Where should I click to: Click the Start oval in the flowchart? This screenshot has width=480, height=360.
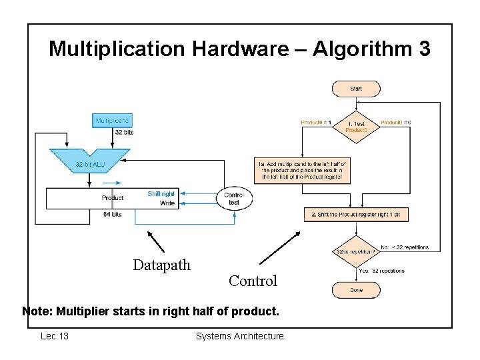(356, 89)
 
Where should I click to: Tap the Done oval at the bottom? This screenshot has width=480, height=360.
(356, 290)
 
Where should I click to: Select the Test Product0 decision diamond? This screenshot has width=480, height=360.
(356, 127)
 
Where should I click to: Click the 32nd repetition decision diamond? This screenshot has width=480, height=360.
(356, 252)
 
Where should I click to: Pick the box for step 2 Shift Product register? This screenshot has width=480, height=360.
(356, 214)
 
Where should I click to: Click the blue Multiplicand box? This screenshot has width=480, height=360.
(112, 121)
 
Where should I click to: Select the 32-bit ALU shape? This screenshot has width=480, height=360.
(89, 163)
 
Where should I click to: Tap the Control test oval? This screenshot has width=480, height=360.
(234, 198)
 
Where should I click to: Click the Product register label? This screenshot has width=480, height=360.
(112, 198)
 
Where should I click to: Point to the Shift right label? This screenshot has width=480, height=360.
(161, 194)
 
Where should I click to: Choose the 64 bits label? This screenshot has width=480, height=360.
(112, 214)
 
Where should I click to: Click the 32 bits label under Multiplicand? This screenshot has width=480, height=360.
(124, 133)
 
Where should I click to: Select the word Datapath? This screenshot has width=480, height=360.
(161, 265)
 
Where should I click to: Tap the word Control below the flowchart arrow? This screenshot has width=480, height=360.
(253, 281)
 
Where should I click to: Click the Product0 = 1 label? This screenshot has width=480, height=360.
(316, 122)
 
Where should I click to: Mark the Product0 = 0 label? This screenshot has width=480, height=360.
(395, 122)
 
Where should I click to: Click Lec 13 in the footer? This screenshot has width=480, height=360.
(55, 336)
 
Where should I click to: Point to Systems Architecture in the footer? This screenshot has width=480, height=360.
(239, 336)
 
